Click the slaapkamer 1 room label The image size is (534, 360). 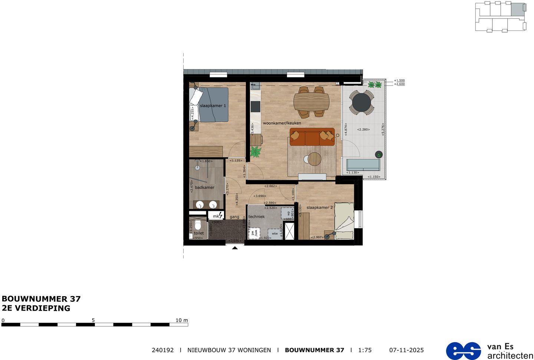(213, 106)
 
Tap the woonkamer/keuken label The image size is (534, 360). (282, 123)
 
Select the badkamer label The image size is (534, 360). (205, 187)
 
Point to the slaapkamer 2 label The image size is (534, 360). (319, 207)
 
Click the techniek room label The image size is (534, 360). (257, 216)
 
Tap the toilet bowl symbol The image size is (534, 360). (198, 225)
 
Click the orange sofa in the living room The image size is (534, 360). (312, 137)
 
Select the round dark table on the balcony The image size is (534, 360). (362, 102)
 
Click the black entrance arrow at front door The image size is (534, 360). (235, 248)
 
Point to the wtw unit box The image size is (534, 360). (275, 233)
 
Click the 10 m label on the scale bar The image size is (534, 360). (181, 320)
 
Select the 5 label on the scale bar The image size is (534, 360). (93, 320)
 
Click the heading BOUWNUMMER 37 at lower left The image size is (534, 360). (41, 299)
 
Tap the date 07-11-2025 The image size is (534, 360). (406, 350)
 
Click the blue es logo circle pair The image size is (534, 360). (463, 351)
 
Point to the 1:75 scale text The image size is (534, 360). (365, 350)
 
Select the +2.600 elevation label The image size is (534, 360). (400, 84)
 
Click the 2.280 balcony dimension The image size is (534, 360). (363, 130)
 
